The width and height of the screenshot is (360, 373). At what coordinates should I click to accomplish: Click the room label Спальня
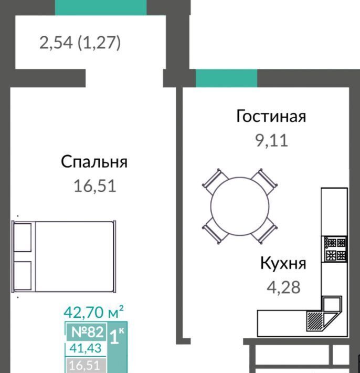(94, 162)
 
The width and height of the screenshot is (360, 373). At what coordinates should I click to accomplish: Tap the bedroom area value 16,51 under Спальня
(95, 186)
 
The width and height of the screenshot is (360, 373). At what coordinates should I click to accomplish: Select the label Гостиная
(271, 116)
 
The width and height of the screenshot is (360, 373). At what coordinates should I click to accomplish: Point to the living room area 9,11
(272, 140)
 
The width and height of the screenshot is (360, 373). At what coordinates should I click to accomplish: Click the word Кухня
(283, 263)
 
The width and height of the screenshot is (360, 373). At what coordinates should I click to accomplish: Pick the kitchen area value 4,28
(283, 287)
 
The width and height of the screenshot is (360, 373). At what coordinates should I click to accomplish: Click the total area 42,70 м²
(93, 312)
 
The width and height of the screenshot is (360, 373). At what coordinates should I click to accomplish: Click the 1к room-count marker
(117, 336)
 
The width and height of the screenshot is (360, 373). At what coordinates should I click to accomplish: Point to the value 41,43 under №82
(86, 348)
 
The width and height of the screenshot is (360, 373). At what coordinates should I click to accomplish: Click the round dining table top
(240, 206)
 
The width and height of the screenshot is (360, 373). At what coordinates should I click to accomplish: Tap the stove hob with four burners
(335, 249)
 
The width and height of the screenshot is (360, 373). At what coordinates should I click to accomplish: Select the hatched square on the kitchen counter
(314, 320)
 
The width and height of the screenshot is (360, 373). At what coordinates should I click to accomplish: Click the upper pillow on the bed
(23, 237)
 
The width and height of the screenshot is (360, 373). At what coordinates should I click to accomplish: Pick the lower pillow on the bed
(23, 275)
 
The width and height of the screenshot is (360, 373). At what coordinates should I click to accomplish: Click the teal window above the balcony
(101, 7)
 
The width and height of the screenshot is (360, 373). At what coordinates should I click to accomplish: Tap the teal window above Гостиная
(227, 78)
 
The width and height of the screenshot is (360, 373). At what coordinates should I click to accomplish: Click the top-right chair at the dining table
(264, 181)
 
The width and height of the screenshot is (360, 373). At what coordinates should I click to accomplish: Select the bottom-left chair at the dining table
(216, 231)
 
